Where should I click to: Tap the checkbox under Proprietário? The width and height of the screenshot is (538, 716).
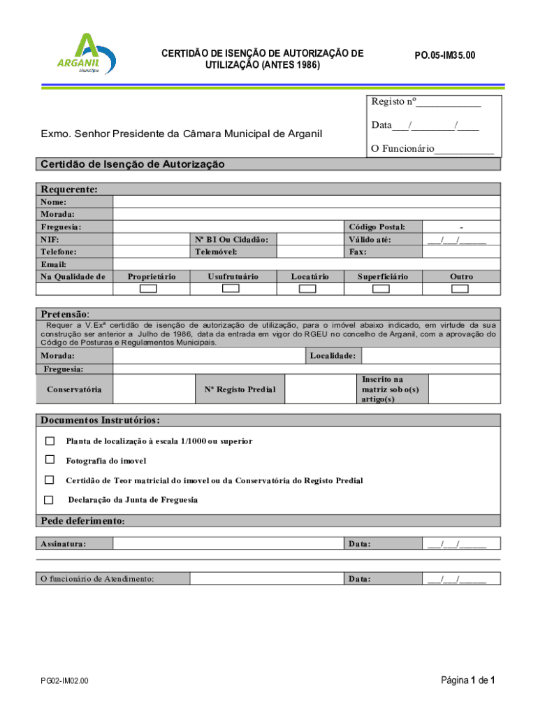[x=149, y=289]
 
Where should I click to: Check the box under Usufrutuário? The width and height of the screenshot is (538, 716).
[x=231, y=289]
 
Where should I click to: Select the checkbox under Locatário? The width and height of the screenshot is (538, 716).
[x=310, y=289]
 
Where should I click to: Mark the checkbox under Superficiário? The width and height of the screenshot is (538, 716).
[x=384, y=289]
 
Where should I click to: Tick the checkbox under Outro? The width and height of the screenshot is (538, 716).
[x=460, y=289]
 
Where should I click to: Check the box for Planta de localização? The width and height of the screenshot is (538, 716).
[x=50, y=441]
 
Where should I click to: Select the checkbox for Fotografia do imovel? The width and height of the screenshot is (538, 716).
[x=50, y=460]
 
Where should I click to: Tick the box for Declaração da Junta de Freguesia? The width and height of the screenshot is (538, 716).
[x=48, y=500]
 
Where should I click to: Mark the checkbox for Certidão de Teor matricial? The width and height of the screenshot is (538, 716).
[x=50, y=480]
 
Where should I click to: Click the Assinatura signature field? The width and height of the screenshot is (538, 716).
[x=228, y=543]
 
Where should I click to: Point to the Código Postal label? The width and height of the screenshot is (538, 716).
[x=377, y=227]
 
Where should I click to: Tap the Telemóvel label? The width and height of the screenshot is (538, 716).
[x=216, y=251]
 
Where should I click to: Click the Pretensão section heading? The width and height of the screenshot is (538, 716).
[x=65, y=315]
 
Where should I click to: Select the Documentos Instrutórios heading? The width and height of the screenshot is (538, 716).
[x=100, y=420]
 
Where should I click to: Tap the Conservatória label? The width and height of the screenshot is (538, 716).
[x=74, y=389]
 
